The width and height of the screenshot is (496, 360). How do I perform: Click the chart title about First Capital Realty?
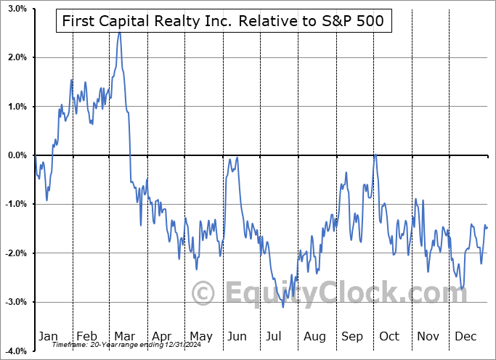(224, 22)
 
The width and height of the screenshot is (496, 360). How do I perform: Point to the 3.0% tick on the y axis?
(17, 9)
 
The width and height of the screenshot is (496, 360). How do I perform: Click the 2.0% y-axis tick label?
(17, 57)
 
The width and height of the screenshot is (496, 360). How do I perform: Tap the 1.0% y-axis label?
(17, 107)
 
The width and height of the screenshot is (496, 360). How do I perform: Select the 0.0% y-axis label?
(17, 155)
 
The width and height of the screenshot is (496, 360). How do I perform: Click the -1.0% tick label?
(15, 204)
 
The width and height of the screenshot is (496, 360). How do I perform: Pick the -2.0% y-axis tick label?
(15, 253)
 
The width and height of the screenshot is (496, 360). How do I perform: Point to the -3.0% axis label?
(15, 302)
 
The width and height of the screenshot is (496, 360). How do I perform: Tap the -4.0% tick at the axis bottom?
(15, 351)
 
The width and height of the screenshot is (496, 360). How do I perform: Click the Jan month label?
(47, 336)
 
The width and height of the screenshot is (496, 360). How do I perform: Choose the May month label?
(200, 336)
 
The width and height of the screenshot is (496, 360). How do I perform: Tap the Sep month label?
(351, 336)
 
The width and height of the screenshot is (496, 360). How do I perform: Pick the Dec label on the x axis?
(465, 336)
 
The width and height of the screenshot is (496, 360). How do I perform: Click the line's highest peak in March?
(119, 33)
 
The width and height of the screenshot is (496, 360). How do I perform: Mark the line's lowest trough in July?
(283, 306)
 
